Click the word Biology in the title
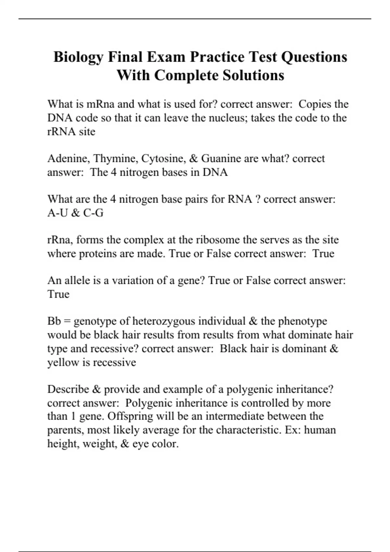(x=78, y=57)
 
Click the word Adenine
(x=69, y=158)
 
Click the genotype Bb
(x=54, y=321)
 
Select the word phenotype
(x=303, y=321)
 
